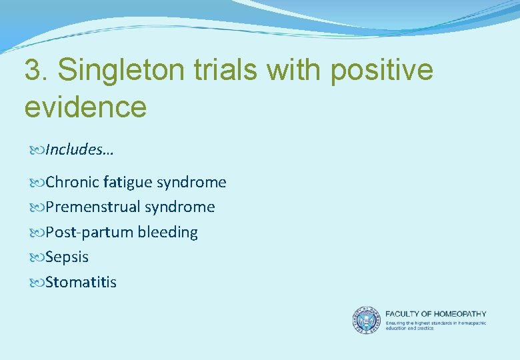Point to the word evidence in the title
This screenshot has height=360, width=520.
point(85,107)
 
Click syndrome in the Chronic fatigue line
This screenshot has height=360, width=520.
point(191,182)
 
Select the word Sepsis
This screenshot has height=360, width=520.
point(67,257)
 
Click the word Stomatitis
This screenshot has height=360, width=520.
point(81,283)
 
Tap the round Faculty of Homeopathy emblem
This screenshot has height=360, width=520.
point(365,320)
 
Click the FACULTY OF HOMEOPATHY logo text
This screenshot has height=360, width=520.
point(436,314)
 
